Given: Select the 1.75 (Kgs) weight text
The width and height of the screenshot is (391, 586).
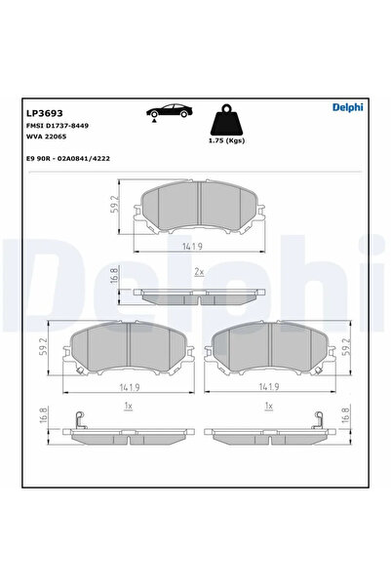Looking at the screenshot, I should pyautogui.click(x=227, y=144).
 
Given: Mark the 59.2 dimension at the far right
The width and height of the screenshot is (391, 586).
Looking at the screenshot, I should pyautogui.click(x=345, y=347).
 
